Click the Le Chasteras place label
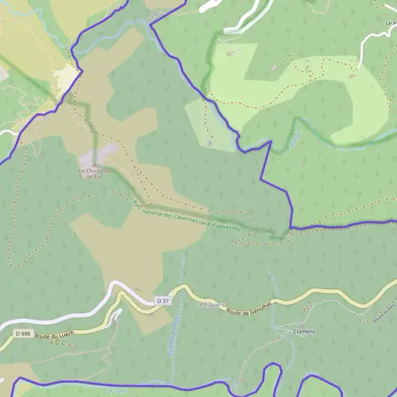point(94,171)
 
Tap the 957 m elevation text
point(95,177)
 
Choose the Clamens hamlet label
point(304,331)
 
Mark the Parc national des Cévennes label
point(192,216)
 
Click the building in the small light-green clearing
point(209,142)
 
